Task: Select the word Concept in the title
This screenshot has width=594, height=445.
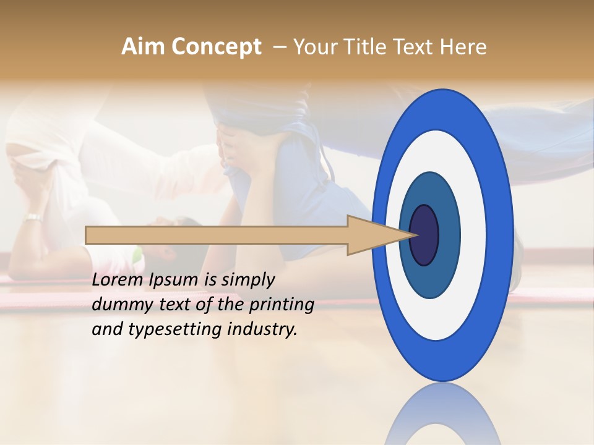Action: click(217, 47)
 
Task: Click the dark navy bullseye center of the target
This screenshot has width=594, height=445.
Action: click(424, 235)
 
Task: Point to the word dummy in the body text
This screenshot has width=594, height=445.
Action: click(118, 305)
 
